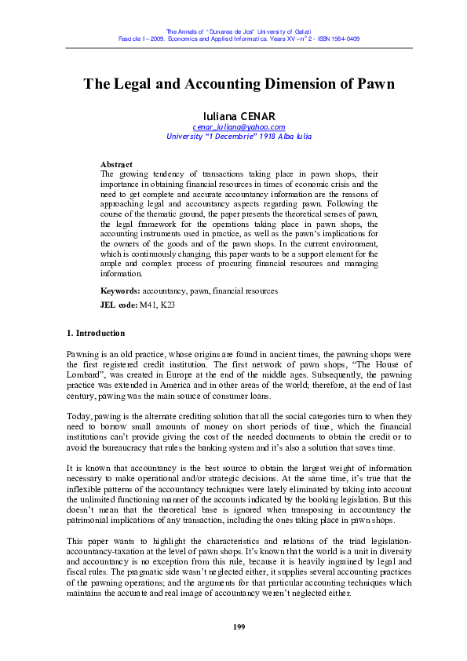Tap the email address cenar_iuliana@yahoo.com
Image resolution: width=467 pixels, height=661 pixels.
click(239, 126)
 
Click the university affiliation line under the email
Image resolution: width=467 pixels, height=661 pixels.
click(239, 136)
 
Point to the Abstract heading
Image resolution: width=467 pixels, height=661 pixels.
click(116, 164)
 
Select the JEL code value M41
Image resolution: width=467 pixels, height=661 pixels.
click(149, 304)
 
